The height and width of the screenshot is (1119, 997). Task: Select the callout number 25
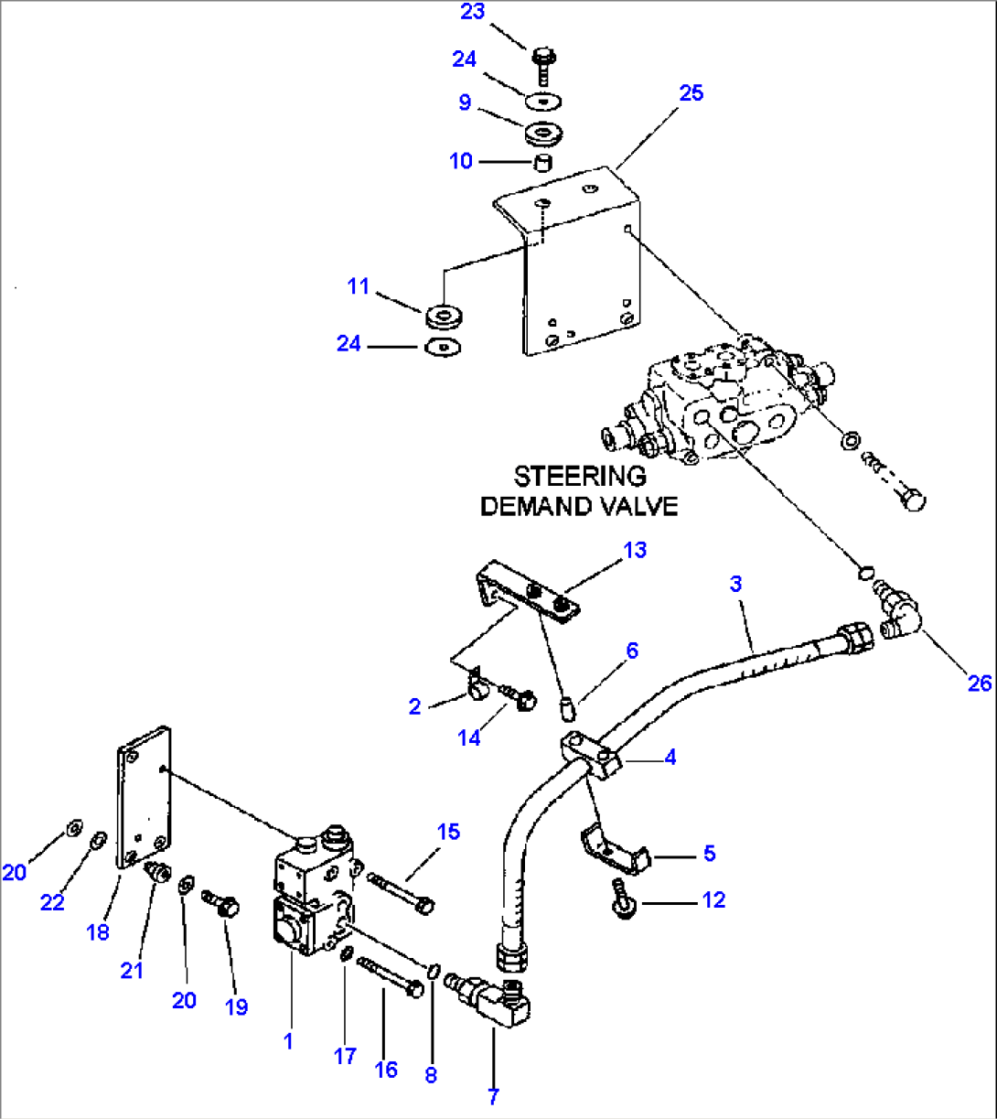[x=691, y=93]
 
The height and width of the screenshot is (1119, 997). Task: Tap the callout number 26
[x=979, y=683]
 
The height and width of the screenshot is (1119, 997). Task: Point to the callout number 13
[x=635, y=550]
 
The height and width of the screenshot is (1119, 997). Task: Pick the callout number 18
[x=98, y=931]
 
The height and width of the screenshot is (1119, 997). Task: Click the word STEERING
[x=580, y=477]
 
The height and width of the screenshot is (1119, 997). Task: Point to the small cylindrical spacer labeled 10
[x=543, y=164]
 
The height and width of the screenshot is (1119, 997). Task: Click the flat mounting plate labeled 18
[x=144, y=796]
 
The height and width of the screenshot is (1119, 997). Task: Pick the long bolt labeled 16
[x=391, y=976]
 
